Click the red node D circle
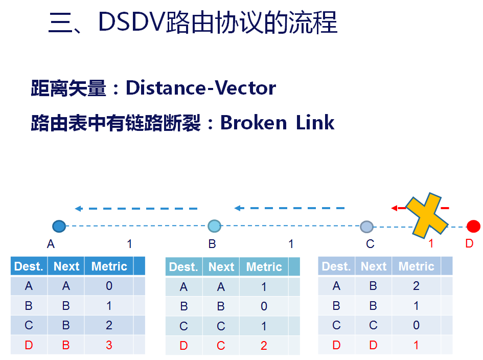click(x=474, y=226)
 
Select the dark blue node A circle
click(x=59, y=226)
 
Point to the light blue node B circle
click(x=214, y=226)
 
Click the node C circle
click(x=366, y=227)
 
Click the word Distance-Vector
click(x=201, y=88)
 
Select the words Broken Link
click(x=277, y=123)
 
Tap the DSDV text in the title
click(x=132, y=22)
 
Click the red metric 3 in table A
click(x=109, y=345)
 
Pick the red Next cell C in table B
click(x=221, y=346)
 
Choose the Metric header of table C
click(x=416, y=266)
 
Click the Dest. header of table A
click(x=29, y=266)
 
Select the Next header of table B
click(x=221, y=267)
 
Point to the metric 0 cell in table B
click(x=264, y=307)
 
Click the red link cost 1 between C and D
click(x=431, y=244)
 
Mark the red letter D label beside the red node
click(x=469, y=244)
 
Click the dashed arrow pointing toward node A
click(x=136, y=209)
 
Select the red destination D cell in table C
click(x=336, y=345)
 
